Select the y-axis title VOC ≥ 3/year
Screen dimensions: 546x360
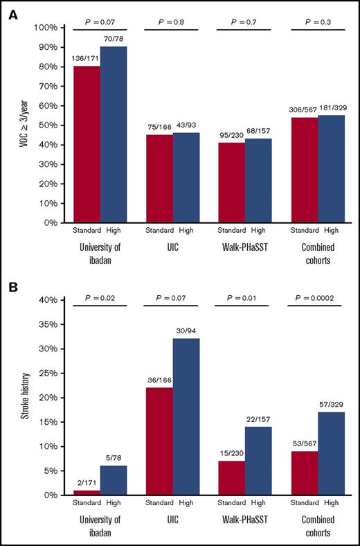coord(28,125)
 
